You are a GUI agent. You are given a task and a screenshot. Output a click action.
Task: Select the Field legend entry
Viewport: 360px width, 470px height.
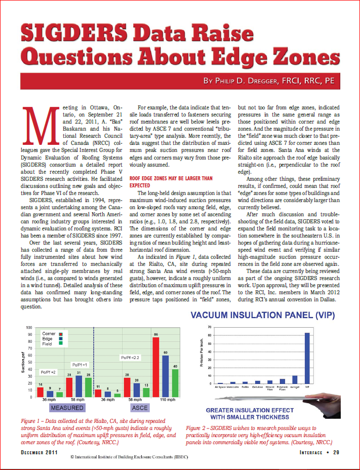[48, 344]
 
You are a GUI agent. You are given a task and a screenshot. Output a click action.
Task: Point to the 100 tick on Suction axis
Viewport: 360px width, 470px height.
[29, 328]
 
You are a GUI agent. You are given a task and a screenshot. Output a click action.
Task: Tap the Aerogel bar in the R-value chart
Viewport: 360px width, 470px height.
[295, 379]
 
